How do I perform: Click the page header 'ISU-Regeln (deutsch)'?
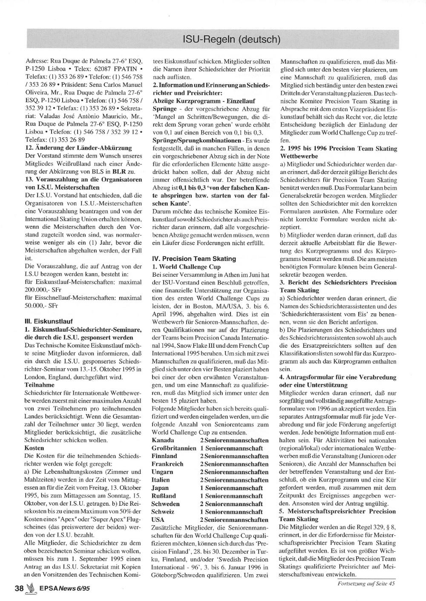[231, 40]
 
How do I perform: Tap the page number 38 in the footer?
[19, 589]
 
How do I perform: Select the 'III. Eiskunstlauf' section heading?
[49, 321]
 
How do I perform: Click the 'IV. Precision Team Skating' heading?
[194, 258]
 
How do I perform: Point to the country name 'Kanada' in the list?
[163, 440]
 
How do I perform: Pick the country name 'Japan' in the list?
[161, 488]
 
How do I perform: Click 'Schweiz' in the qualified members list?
[163, 512]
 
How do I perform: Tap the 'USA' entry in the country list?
[158, 520]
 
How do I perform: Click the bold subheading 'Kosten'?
[35, 448]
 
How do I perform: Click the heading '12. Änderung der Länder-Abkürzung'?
[78, 148]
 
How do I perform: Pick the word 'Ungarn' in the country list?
[162, 472]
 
